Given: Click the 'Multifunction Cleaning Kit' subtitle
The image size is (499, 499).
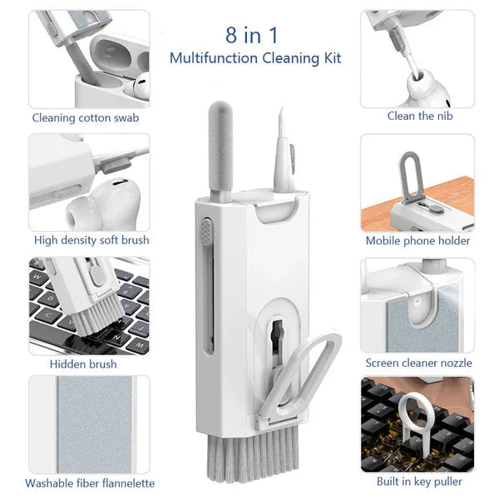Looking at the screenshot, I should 254,58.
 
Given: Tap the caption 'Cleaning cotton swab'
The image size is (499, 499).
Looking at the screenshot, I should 86,117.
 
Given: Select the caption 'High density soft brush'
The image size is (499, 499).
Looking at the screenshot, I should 91,240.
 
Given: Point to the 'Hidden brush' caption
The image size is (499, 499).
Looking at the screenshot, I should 83,363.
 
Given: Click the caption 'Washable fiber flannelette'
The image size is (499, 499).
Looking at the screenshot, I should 90,483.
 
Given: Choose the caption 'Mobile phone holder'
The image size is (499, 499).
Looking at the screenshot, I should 417,240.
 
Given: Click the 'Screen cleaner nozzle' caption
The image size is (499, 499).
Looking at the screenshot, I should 418,363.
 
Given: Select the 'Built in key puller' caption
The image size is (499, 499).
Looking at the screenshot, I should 419,481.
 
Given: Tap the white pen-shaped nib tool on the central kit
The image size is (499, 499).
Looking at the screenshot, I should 280,154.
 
